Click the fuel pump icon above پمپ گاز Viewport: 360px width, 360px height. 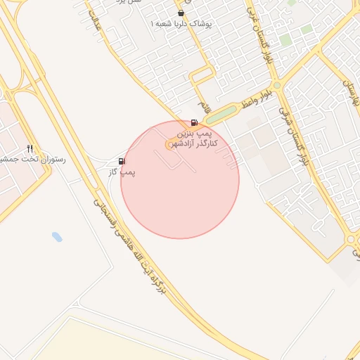122,162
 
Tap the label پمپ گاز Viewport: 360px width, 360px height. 123,172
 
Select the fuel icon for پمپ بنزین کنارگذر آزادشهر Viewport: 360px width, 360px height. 194,122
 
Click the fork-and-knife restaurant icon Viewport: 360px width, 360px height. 30,149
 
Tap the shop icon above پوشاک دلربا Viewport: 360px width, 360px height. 181,13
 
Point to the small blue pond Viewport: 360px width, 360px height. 57,237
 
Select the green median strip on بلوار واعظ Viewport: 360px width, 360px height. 221,114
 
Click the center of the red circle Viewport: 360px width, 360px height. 180,179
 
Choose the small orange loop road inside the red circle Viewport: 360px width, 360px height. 170,144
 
